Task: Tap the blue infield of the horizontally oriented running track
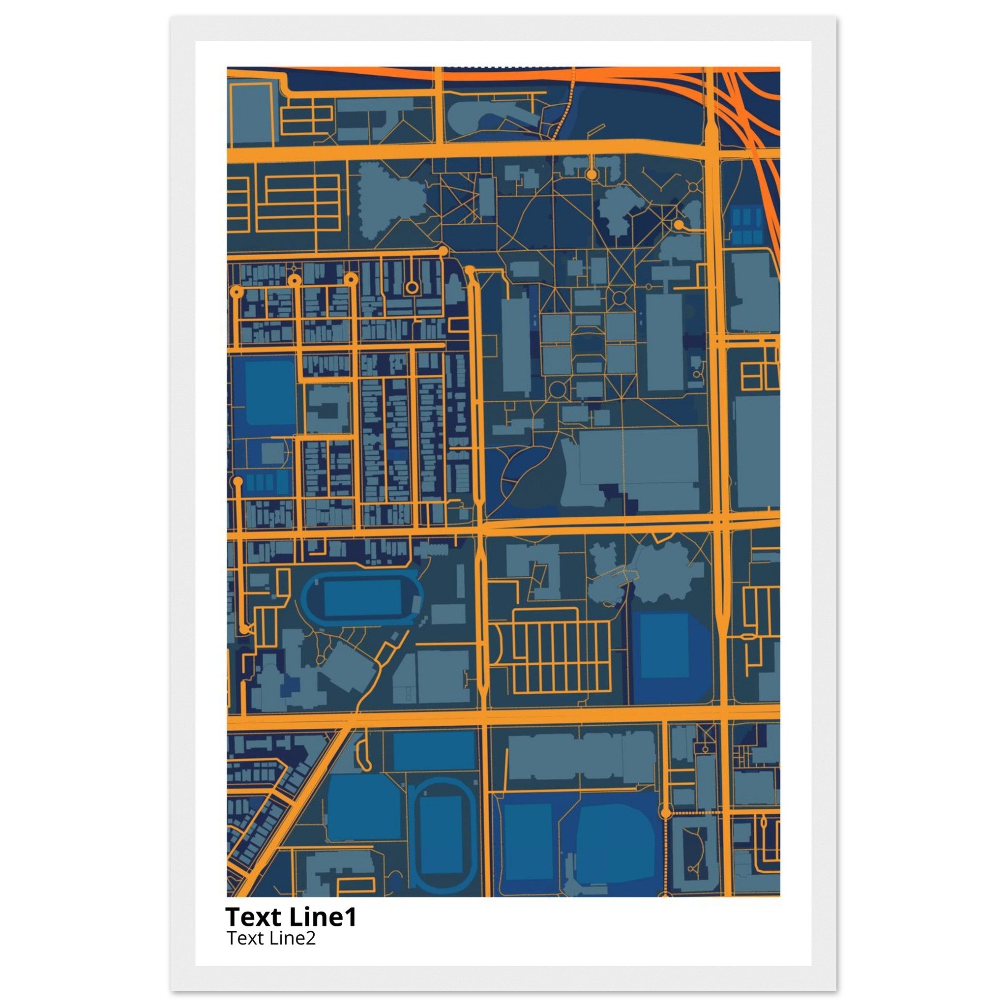point(362,598)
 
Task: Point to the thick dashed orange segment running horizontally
point(693,813)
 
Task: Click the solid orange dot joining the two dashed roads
point(665,813)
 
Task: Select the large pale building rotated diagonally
point(347,668)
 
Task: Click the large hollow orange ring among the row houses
point(412,287)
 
